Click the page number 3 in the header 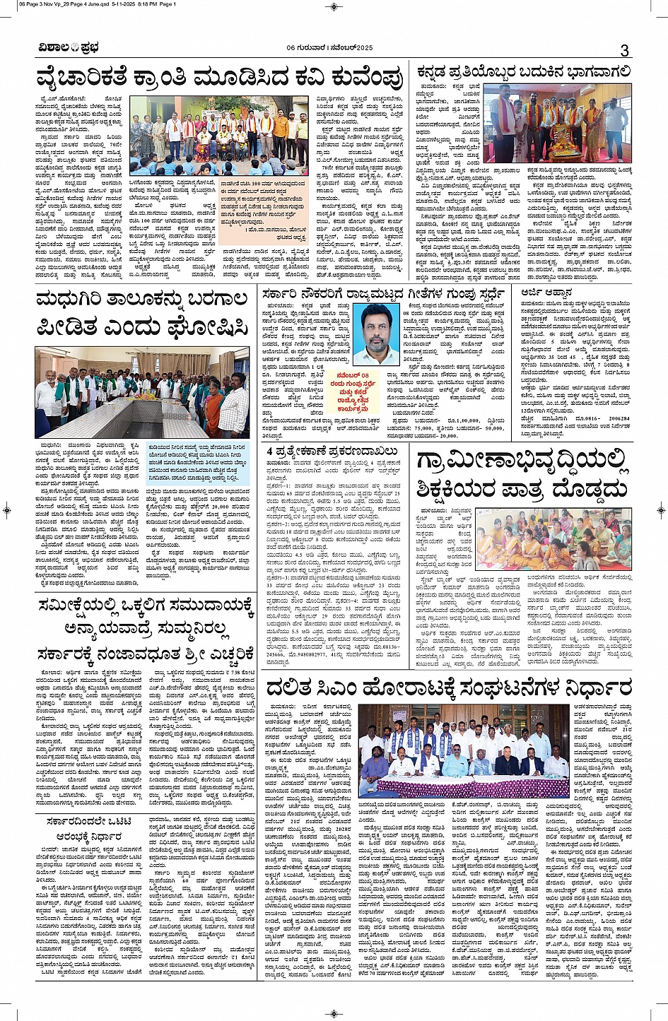tap(624, 50)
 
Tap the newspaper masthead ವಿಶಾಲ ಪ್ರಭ tap(69, 49)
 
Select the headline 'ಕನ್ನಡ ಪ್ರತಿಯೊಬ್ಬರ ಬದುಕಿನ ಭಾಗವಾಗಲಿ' tap(523, 72)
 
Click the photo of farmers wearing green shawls tap(141, 391)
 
